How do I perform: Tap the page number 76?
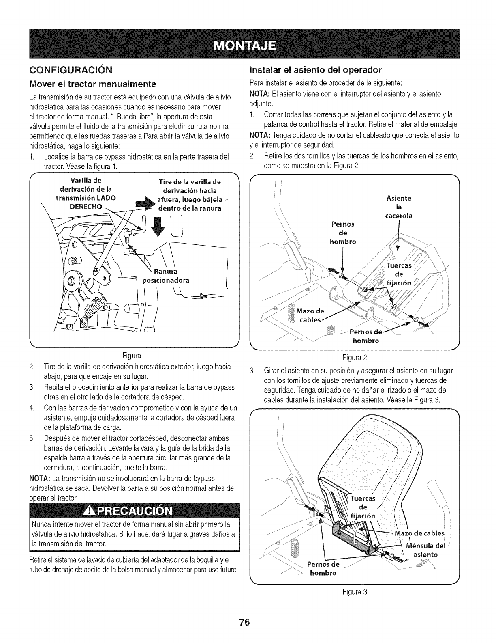point(248,623)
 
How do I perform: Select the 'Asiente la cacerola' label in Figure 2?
point(399,207)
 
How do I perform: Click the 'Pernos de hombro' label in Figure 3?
point(323,569)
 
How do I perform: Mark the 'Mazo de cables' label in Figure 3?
point(421,533)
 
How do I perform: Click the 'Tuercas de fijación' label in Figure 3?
point(363,507)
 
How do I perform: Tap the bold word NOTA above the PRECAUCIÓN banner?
point(40,477)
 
